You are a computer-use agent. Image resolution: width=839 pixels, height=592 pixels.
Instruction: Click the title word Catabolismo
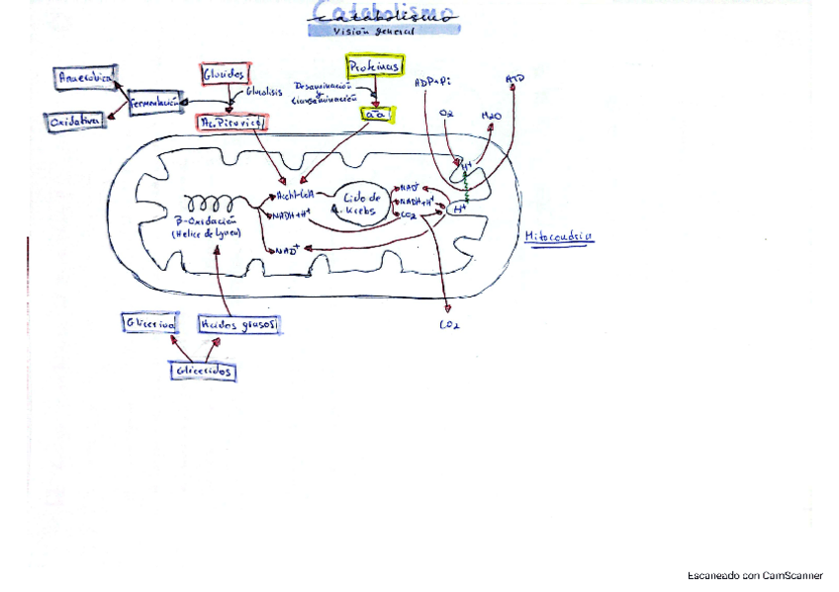[x=384, y=13]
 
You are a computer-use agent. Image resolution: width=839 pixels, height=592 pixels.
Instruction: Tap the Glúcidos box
[x=225, y=75]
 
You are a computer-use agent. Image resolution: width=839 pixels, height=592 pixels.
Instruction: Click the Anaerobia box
[x=84, y=76]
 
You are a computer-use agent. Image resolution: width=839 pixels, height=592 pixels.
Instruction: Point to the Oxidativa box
[x=74, y=121]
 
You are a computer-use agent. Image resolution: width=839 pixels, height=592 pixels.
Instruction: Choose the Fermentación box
[x=158, y=102]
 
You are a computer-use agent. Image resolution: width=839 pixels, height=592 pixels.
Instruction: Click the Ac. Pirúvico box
[x=233, y=122]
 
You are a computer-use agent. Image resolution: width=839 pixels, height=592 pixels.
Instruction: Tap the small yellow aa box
[x=376, y=114]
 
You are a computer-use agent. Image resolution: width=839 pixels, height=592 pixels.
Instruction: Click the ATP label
[x=515, y=77]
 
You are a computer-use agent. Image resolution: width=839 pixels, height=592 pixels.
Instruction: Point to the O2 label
[x=447, y=116]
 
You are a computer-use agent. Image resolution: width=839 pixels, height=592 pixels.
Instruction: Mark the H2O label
[x=491, y=116]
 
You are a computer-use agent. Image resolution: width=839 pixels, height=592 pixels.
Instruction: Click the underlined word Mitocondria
[x=559, y=237]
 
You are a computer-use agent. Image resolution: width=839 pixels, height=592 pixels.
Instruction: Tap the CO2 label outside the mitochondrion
[x=449, y=323]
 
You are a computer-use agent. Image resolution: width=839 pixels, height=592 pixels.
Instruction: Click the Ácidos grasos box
[x=238, y=324]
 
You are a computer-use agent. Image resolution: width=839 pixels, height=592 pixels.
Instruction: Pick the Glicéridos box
[x=202, y=370]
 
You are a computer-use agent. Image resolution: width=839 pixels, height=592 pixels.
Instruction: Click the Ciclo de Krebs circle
[x=362, y=206]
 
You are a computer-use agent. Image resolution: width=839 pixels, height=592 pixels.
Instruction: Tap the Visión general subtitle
[x=384, y=31]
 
